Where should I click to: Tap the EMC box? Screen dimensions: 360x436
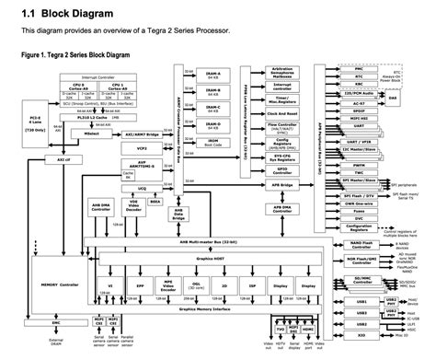56,323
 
